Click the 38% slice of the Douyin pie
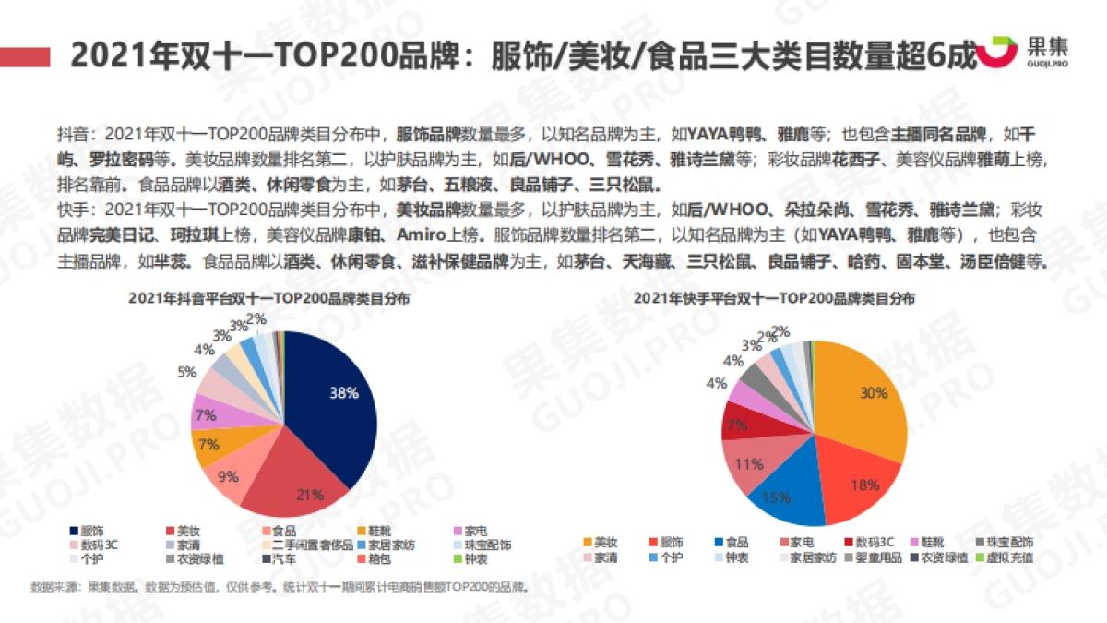pos(337,406)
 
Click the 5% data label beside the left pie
pos(186,373)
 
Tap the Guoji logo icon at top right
pos(996,52)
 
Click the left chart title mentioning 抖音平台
pos(269,299)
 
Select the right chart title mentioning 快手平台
pos(775,299)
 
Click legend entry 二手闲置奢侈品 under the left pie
pos(308,545)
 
